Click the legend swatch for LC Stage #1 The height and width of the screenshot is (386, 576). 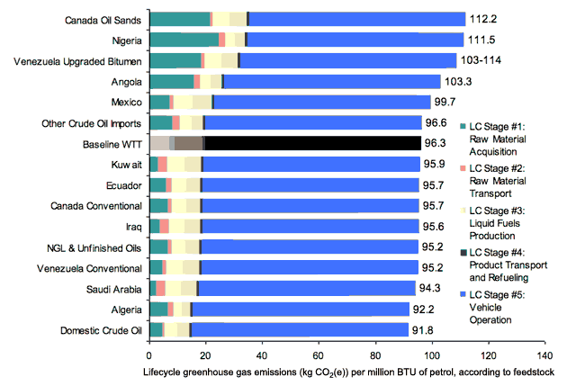coord(462,125)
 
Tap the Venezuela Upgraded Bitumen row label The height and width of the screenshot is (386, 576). coord(78,60)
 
